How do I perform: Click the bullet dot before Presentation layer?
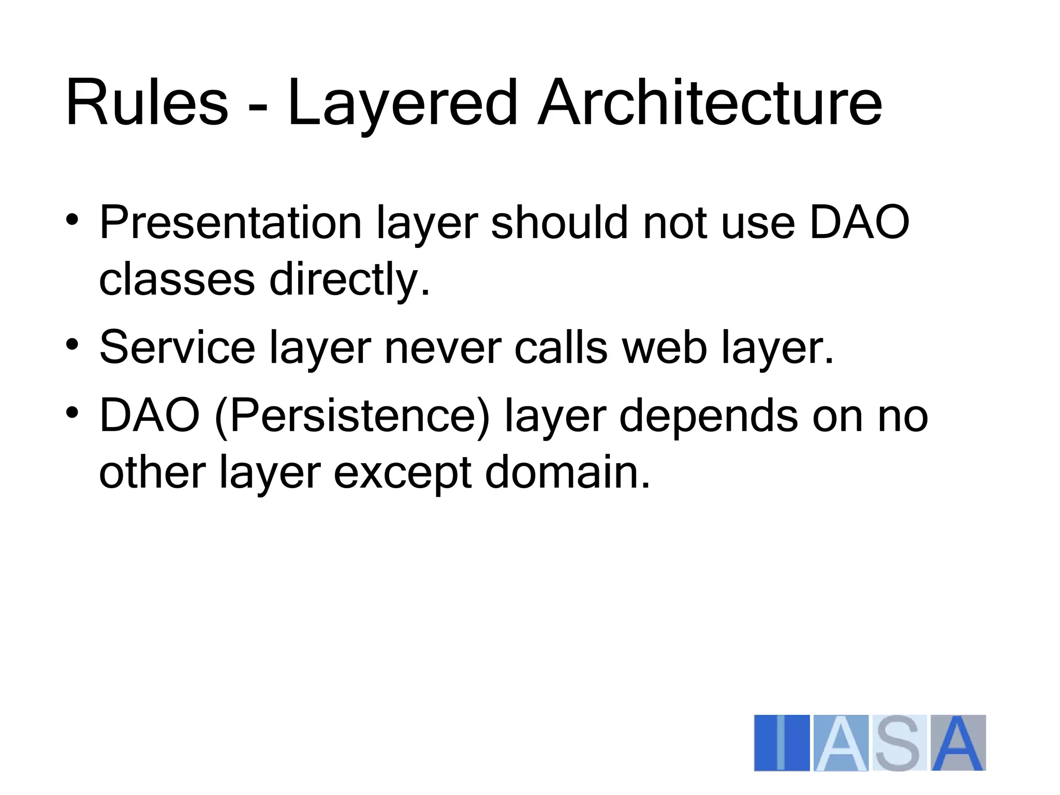point(72,219)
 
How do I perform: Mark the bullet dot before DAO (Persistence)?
point(72,413)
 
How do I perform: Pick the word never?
point(443,348)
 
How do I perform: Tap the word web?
point(664,347)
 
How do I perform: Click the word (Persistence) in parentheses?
point(352,417)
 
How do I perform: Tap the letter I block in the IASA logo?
point(781,743)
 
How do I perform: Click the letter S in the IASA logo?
point(898,743)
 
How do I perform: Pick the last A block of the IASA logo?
point(958,743)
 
